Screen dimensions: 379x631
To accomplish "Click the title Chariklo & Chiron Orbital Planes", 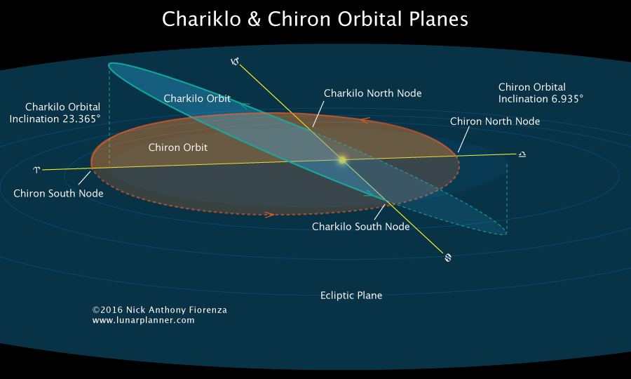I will click(315, 19).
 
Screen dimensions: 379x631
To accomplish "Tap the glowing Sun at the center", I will click(342, 160).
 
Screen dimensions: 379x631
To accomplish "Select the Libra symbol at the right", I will click(522, 154).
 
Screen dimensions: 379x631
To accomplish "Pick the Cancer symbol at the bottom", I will click(448, 258).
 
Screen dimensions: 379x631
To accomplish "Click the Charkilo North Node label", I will click(372, 93).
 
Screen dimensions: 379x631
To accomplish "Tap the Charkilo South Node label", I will click(360, 227).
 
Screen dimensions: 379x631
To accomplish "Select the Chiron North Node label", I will click(494, 121).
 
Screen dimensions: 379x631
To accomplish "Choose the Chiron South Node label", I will click(58, 193).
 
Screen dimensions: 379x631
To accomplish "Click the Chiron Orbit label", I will click(178, 148).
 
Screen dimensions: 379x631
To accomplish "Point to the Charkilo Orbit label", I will click(197, 99).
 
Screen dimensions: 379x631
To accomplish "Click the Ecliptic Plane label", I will click(351, 295).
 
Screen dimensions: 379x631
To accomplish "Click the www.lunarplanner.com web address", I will click(143, 320).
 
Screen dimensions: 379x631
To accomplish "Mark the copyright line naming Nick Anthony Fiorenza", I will click(159, 310).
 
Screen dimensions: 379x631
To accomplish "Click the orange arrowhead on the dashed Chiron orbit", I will click(269, 214).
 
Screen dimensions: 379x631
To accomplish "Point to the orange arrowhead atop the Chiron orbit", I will click(364, 120).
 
